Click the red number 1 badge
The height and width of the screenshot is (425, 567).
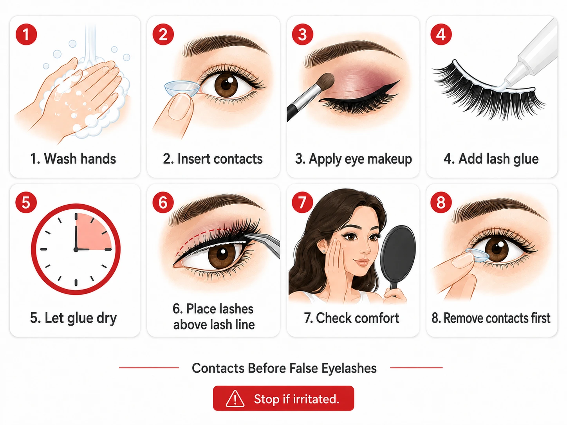26,34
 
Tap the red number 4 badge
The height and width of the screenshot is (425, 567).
441,34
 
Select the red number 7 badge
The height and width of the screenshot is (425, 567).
302,202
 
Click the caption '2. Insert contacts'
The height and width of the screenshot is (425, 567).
213,159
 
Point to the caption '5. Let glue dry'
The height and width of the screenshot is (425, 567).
73,318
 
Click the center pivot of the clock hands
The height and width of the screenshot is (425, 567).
76,250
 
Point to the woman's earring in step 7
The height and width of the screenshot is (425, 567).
324,251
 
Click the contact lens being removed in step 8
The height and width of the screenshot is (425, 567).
477,255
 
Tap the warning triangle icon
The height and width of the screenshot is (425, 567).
235,399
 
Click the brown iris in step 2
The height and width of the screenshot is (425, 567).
226,85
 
